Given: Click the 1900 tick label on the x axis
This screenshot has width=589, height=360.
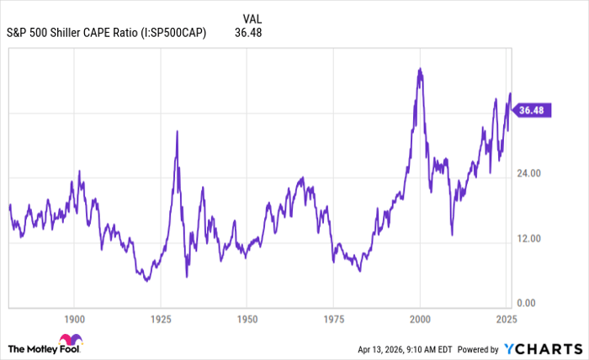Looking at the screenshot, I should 74,320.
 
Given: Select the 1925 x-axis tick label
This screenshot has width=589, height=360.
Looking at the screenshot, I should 160,320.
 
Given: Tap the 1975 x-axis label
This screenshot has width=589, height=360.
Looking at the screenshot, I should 333,320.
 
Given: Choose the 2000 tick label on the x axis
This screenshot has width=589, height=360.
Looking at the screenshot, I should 419,320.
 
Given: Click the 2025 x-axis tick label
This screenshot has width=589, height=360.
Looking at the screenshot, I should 506,320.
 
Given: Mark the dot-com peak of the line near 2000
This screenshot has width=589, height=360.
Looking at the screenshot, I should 419,69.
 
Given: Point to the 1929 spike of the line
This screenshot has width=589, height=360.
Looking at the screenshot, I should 177,131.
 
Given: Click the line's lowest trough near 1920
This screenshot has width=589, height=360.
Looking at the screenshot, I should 147,280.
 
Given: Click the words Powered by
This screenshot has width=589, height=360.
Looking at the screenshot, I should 478,348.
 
